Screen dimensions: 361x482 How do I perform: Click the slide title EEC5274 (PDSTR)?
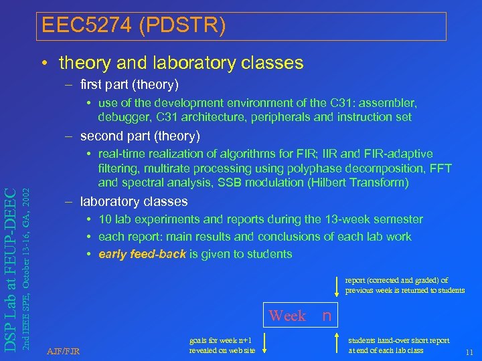[133, 26]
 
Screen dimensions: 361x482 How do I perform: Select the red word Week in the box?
[287, 316]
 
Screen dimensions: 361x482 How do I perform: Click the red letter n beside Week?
[327, 315]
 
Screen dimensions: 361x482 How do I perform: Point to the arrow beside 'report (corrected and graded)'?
[336, 285]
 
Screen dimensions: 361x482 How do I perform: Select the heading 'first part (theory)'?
[129, 85]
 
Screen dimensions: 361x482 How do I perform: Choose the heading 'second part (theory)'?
[139, 136]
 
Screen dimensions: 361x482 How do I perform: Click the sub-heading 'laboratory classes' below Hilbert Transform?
[133, 201]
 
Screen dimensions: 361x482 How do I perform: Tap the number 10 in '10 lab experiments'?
[105, 219]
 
